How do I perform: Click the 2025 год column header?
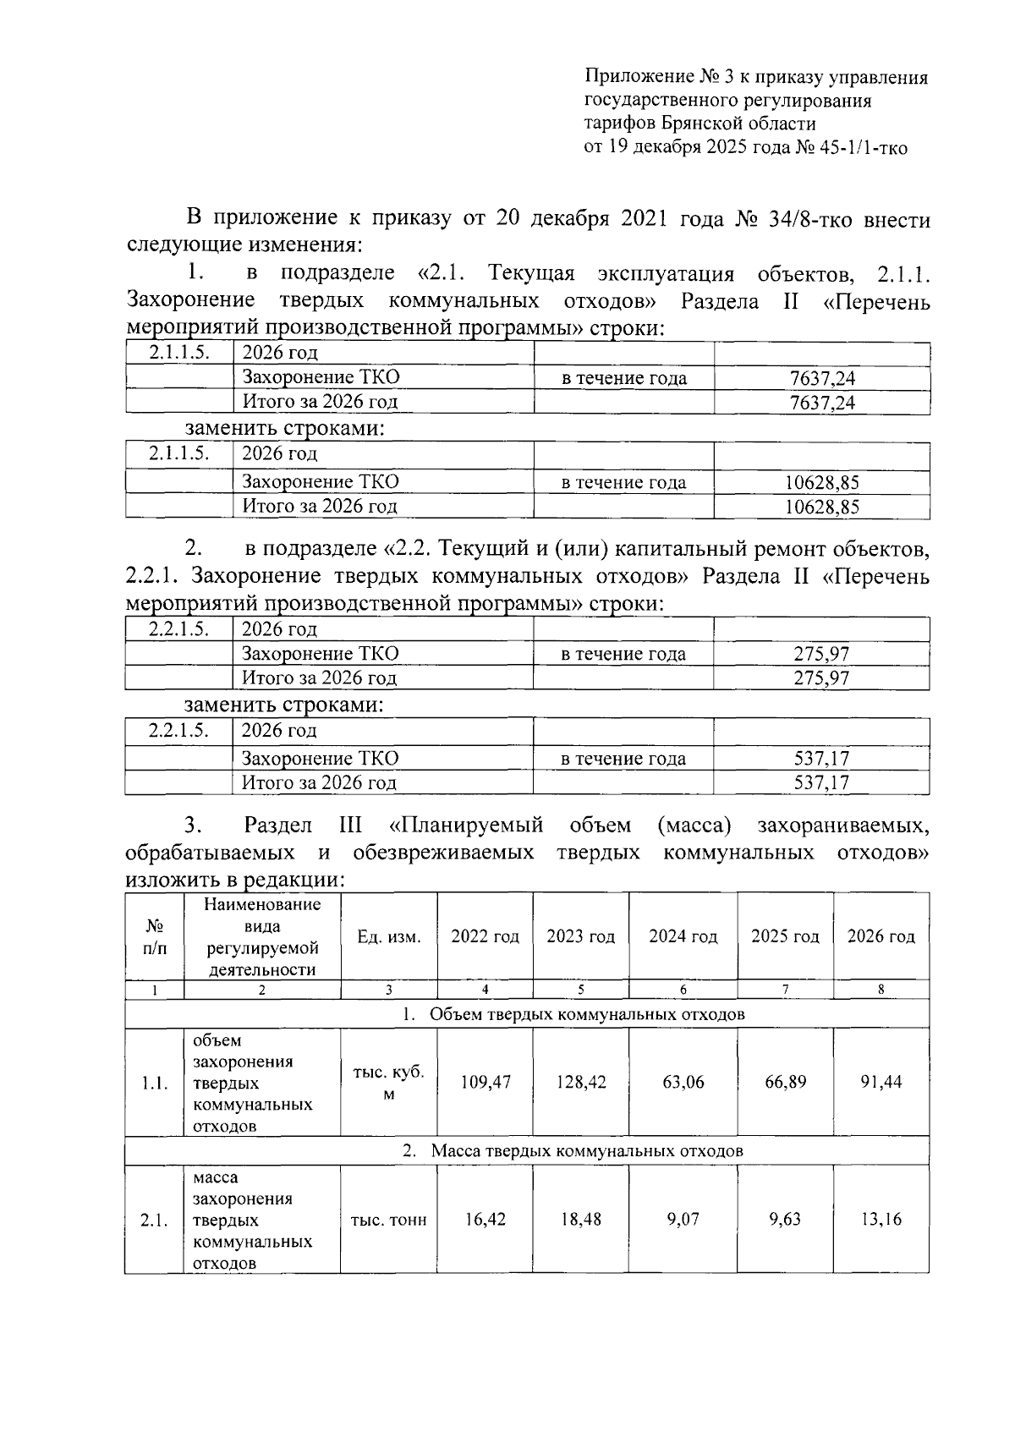[x=785, y=936]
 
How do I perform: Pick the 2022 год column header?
[x=485, y=936]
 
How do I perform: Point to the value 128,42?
[x=581, y=1082]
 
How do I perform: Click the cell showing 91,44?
[x=881, y=1082]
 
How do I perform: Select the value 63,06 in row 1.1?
[x=683, y=1082]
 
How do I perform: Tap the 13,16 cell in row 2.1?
[x=881, y=1219]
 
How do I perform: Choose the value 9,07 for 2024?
[x=683, y=1219]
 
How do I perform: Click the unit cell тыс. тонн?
[x=389, y=1220]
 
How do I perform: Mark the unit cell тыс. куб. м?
[x=389, y=1082]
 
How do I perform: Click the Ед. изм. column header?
[x=389, y=936]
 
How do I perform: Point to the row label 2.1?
[x=155, y=1220]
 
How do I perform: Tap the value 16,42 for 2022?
[x=486, y=1219]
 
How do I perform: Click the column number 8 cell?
[x=881, y=990]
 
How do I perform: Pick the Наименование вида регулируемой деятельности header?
[x=262, y=936]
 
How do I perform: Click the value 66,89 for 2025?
[x=786, y=1082]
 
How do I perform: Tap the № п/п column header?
[x=155, y=936]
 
